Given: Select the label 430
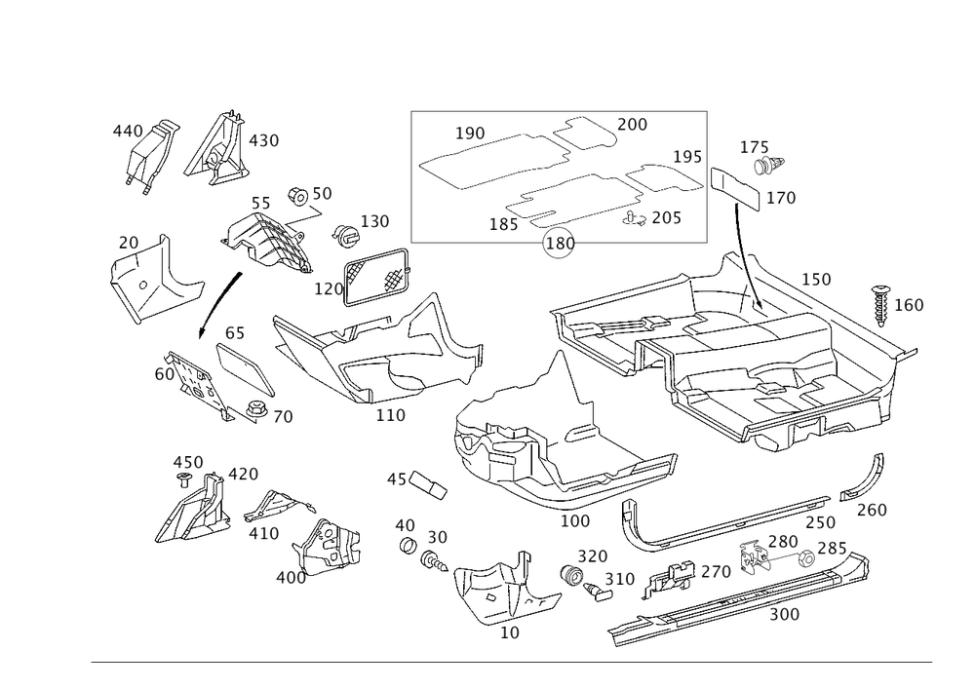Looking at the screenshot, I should (x=262, y=141).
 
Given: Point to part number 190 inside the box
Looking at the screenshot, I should (x=471, y=133).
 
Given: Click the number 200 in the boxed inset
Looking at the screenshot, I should (x=632, y=126).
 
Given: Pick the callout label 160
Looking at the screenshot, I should (x=909, y=305).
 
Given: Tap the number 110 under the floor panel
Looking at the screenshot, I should (x=390, y=415).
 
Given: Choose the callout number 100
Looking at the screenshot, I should (x=574, y=521).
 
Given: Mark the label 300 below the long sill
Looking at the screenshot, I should (x=784, y=615).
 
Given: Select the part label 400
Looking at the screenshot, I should (x=291, y=578).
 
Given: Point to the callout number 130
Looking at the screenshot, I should (x=375, y=222).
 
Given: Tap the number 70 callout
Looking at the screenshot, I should (x=282, y=417).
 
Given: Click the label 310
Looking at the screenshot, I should (x=619, y=578).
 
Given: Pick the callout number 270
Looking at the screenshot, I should (x=716, y=572).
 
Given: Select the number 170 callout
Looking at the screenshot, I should (x=782, y=199).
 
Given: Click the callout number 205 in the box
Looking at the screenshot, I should (x=665, y=219).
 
